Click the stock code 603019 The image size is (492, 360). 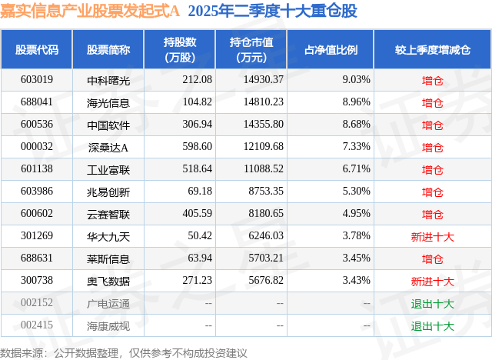click(x=37, y=79)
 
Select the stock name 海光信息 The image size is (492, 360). click(x=108, y=102)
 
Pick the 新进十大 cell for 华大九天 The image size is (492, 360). click(x=432, y=236)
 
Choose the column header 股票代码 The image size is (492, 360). click(x=37, y=49)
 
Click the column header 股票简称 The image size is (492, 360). click(x=108, y=49)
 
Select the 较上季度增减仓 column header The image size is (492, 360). click(x=432, y=49)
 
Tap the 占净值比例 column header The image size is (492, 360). click(x=336, y=49)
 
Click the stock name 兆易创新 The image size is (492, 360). click(x=108, y=191)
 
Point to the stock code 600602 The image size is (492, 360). click(x=37, y=213)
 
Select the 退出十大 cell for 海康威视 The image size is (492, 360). click(x=432, y=325)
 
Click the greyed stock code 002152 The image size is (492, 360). click(x=37, y=303)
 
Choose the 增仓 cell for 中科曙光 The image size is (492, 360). click(x=432, y=79)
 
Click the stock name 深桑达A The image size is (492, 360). click(x=108, y=146)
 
